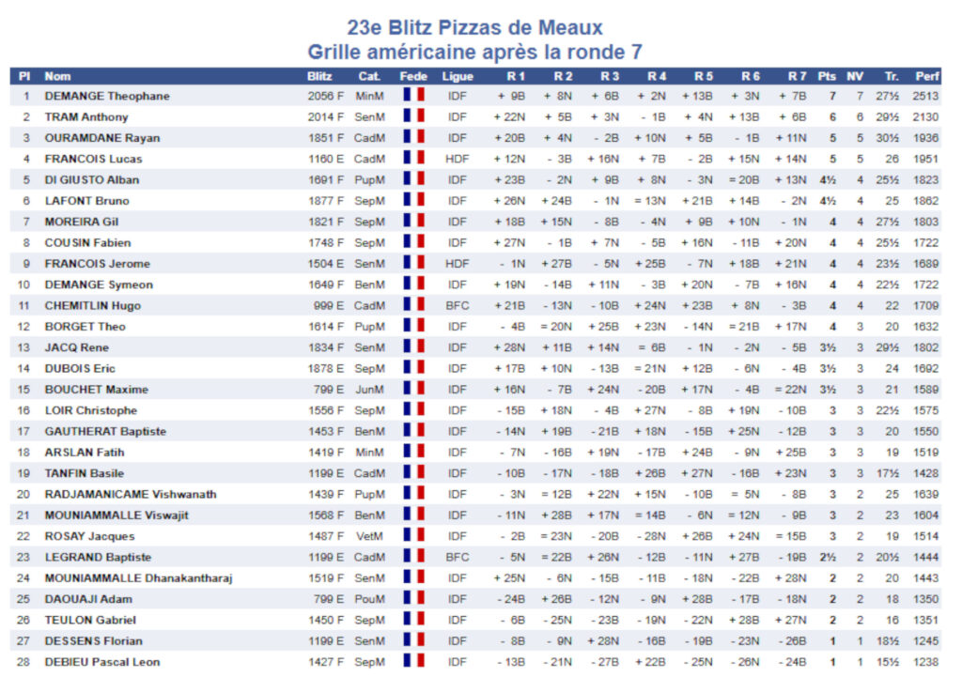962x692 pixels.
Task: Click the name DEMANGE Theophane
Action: (x=107, y=96)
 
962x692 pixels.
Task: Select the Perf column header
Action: (x=927, y=76)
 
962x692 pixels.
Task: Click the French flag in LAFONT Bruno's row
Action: (x=413, y=201)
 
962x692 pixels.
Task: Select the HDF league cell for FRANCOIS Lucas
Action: (x=458, y=159)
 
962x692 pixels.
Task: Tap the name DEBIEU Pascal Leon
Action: (x=102, y=662)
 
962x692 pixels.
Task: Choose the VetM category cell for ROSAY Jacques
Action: (x=369, y=536)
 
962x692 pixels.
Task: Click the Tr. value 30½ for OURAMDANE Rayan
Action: (x=888, y=138)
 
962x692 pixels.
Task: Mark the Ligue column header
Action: (x=458, y=76)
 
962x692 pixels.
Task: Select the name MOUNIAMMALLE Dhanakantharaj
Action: (x=138, y=578)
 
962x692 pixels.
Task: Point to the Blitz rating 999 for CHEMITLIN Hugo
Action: (x=324, y=306)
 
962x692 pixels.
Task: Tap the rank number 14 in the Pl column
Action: (x=25, y=369)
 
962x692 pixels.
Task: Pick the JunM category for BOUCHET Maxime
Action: (x=369, y=390)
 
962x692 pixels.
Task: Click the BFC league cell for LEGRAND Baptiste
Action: (x=458, y=557)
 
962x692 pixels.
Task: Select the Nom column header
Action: (x=57, y=76)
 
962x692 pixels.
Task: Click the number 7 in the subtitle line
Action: (x=635, y=53)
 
